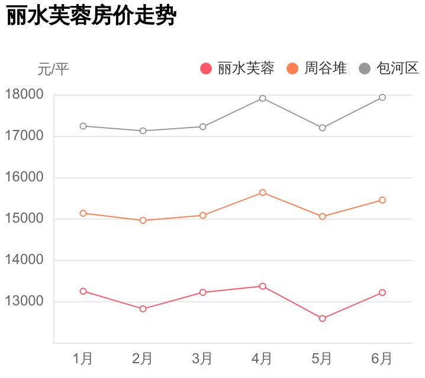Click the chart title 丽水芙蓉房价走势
point(91,17)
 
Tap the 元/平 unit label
point(53,70)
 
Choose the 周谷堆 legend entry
point(317,69)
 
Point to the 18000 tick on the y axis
point(24,94)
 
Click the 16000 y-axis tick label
point(24,177)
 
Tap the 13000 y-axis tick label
point(24,301)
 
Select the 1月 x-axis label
point(83,359)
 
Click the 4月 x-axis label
point(262,359)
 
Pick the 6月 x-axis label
point(382,359)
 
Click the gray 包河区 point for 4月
point(262,98)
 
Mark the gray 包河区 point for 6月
point(382,97)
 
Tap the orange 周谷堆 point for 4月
point(262,193)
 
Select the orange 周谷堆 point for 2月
point(143,220)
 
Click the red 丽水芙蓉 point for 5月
point(323,318)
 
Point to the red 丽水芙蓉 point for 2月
point(143,309)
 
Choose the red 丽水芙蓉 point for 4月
point(262,286)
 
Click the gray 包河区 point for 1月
point(83,126)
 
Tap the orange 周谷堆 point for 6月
point(382,200)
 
